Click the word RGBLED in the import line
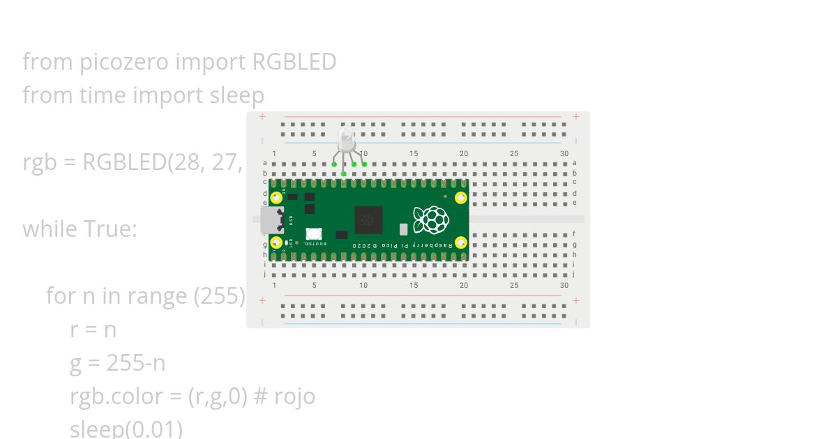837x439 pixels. (294, 62)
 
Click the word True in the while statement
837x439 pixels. (110, 229)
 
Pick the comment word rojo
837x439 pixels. (294, 396)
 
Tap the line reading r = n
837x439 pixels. (93, 330)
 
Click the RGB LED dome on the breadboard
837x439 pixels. (346, 138)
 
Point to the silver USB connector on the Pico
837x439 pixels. (271, 219)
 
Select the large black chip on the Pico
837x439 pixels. (368, 219)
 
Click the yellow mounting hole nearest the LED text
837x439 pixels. (277, 242)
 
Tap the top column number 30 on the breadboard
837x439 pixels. (564, 154)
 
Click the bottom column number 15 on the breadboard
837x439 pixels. (414, 286)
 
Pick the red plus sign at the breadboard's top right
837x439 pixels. (575, 116)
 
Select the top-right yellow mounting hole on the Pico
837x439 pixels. (460, 197)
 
